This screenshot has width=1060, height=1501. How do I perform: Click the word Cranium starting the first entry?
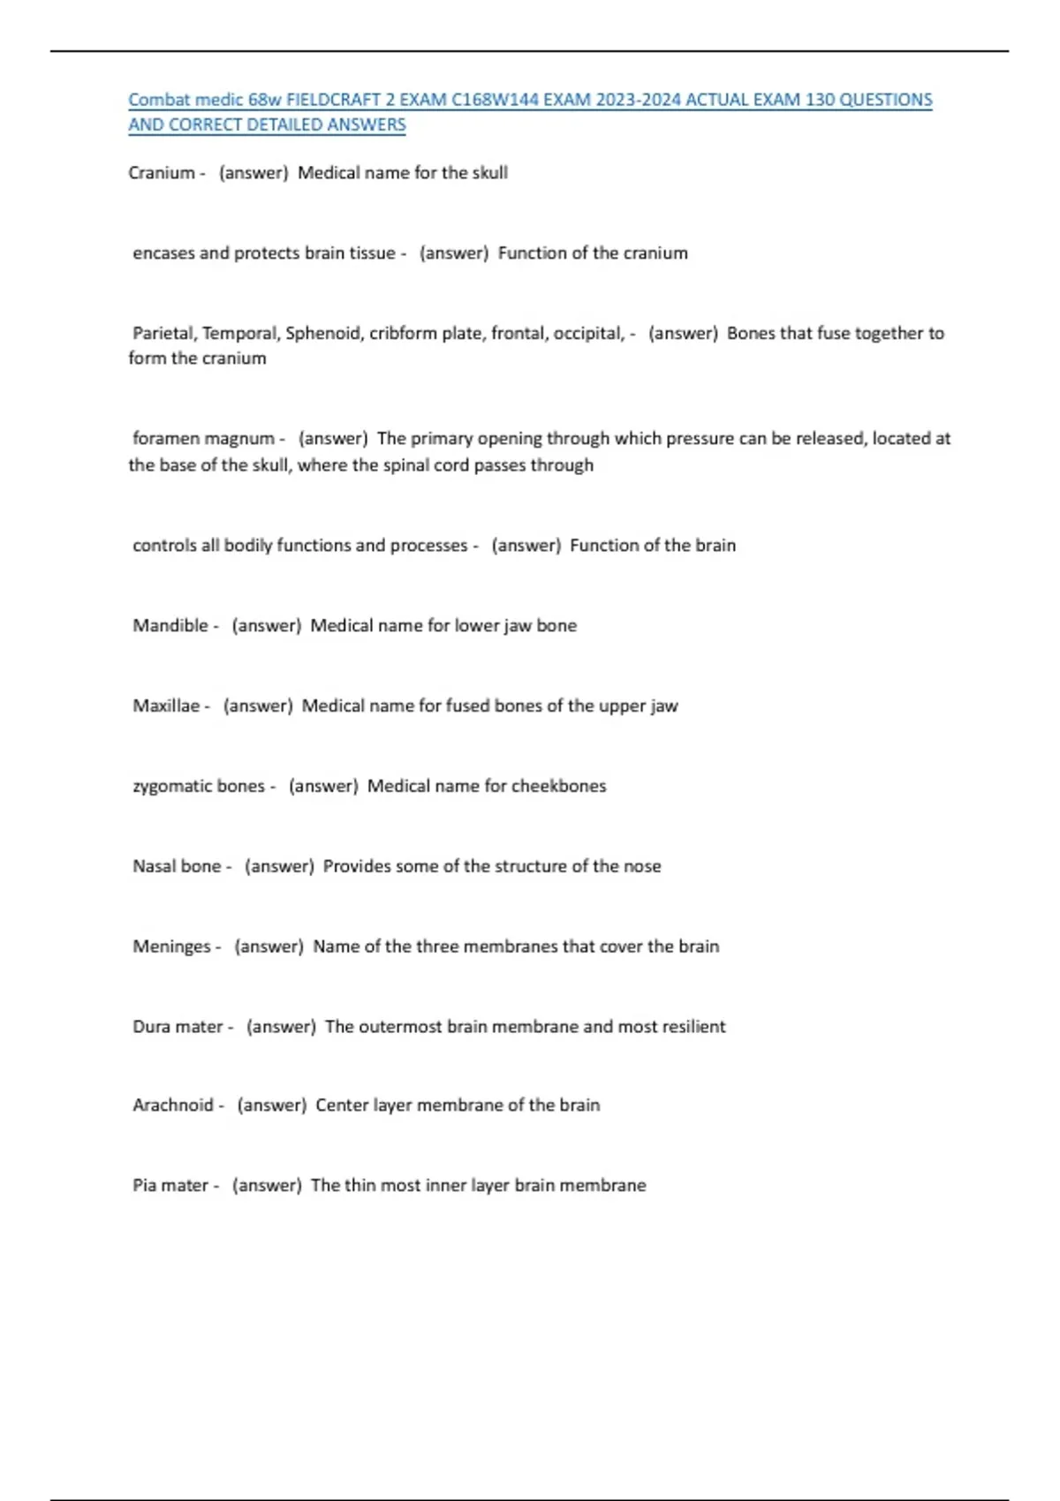tap(162, 173)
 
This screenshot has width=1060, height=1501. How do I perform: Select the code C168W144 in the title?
tap(495, 100)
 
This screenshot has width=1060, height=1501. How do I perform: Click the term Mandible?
tap(170, 626)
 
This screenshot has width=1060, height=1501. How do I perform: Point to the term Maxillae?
tap(166, 706)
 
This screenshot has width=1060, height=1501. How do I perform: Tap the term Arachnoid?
tap(173, 1105)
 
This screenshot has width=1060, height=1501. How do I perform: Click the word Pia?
tap(145, 1186)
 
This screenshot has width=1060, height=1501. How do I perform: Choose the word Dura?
tap(150, 1027)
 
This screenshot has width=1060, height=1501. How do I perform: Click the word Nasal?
tap(153, 867)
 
